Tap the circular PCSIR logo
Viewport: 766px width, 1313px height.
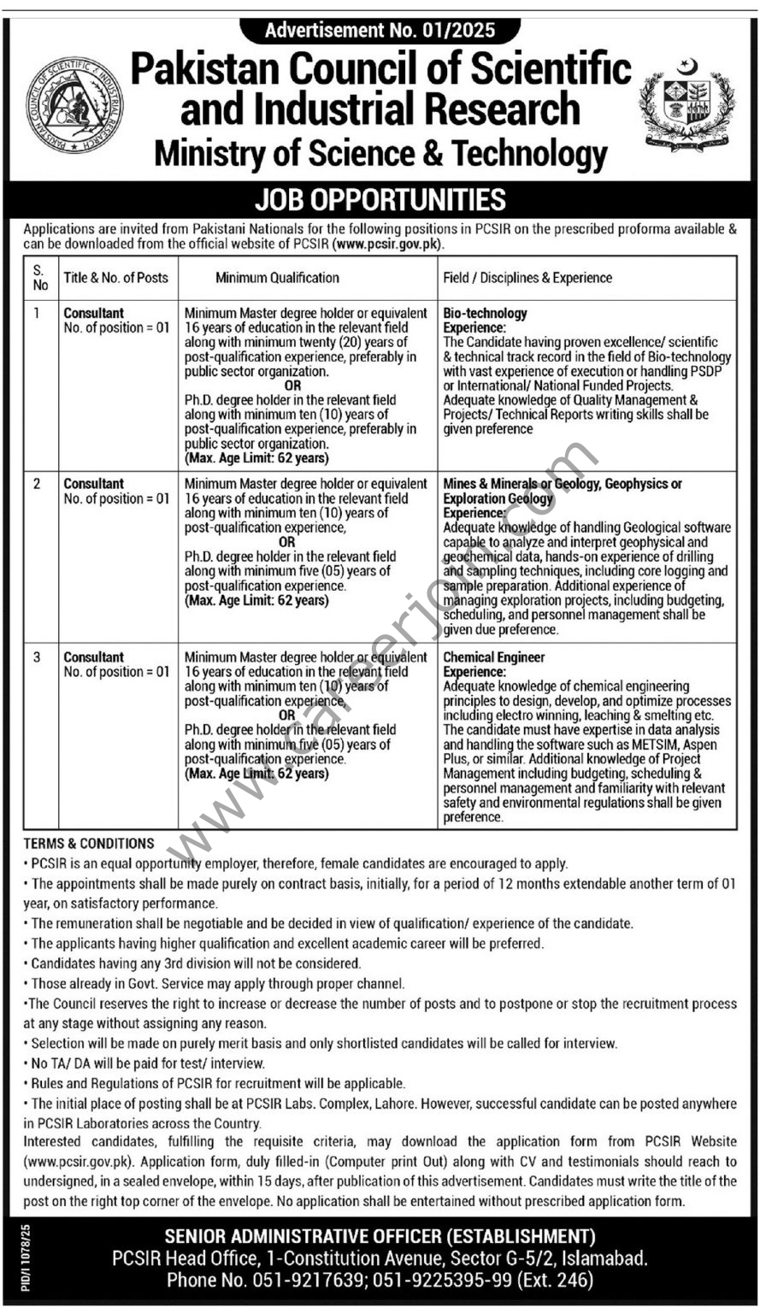click(74, 104)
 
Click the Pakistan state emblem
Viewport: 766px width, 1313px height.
click(686, 104)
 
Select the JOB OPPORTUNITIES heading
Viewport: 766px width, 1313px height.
click(380, 200)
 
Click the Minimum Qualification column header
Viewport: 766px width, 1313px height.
click(277, 277)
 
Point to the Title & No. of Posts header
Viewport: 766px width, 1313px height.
click(115, 277)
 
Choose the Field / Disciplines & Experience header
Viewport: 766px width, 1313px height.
click(527, 277)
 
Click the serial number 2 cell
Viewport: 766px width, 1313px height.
click(37, 484)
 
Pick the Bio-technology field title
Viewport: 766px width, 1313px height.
click(486, 313)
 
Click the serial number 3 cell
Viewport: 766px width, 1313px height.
click(37, 657)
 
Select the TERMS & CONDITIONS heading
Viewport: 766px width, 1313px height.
click(89, 843)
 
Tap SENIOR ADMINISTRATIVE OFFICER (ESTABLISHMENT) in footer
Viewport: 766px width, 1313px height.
click(380, 1236)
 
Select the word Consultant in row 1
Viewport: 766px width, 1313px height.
click(94, 313)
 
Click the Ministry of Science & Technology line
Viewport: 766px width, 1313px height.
click(380, 154)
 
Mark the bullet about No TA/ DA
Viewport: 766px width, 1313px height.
click(145, 1063)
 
